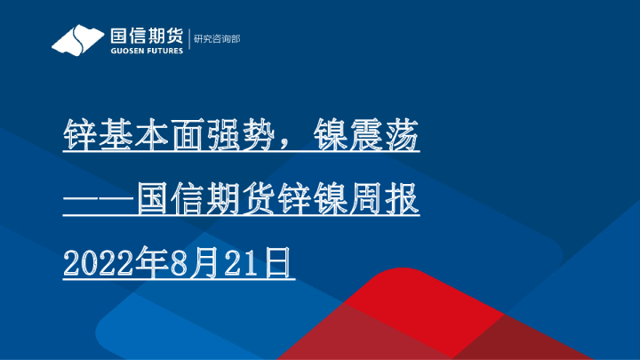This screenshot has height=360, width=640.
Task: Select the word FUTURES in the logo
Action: (x=164, y=51)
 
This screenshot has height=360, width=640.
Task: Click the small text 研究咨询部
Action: (x=217, y=38)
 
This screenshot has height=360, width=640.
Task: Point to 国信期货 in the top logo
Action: (x=146, y=36)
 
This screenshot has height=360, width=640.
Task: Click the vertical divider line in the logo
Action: (x=188, y=40)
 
